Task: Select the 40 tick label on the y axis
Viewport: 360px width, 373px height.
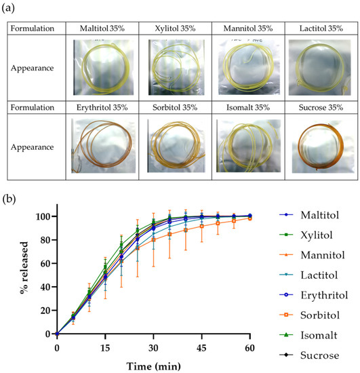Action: [x=45, y=287]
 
